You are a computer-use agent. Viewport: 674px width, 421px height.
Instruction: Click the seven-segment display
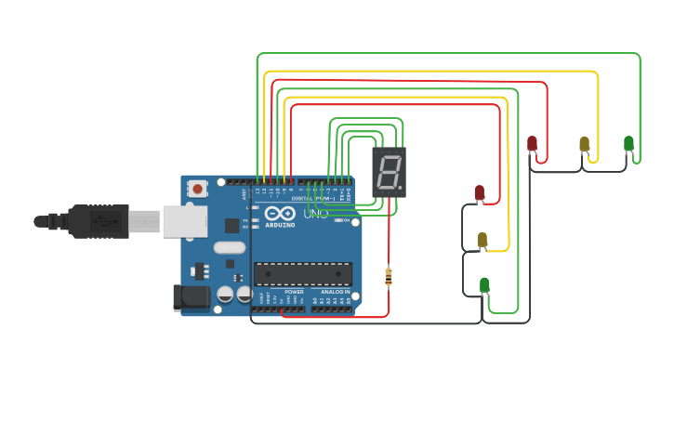pos(390,171)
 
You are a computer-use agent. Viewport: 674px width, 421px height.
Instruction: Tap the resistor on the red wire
pos(389,276)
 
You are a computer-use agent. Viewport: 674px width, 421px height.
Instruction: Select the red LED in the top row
pos(532,143)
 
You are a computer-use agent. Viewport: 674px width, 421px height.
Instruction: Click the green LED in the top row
pos(628,143)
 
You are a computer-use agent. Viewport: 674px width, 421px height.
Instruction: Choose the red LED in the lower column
pos(480,192)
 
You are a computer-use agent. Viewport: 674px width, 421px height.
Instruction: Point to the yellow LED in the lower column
pos(482,239)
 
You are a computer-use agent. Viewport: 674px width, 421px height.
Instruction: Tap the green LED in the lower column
pos(484,284)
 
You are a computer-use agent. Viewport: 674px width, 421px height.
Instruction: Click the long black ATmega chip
pos(303,273)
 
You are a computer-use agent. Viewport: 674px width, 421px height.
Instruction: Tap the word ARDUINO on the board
pos(280,225)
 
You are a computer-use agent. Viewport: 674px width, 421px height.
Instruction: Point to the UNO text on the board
pos(316,214)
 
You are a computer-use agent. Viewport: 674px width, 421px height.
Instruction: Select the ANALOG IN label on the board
pos(335,292)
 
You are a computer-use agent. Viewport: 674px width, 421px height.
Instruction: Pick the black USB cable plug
pos(94,221)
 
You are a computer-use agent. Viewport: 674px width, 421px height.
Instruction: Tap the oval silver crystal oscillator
pos(229,247)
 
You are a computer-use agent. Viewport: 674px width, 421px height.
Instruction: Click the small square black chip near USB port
pos(232,225)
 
